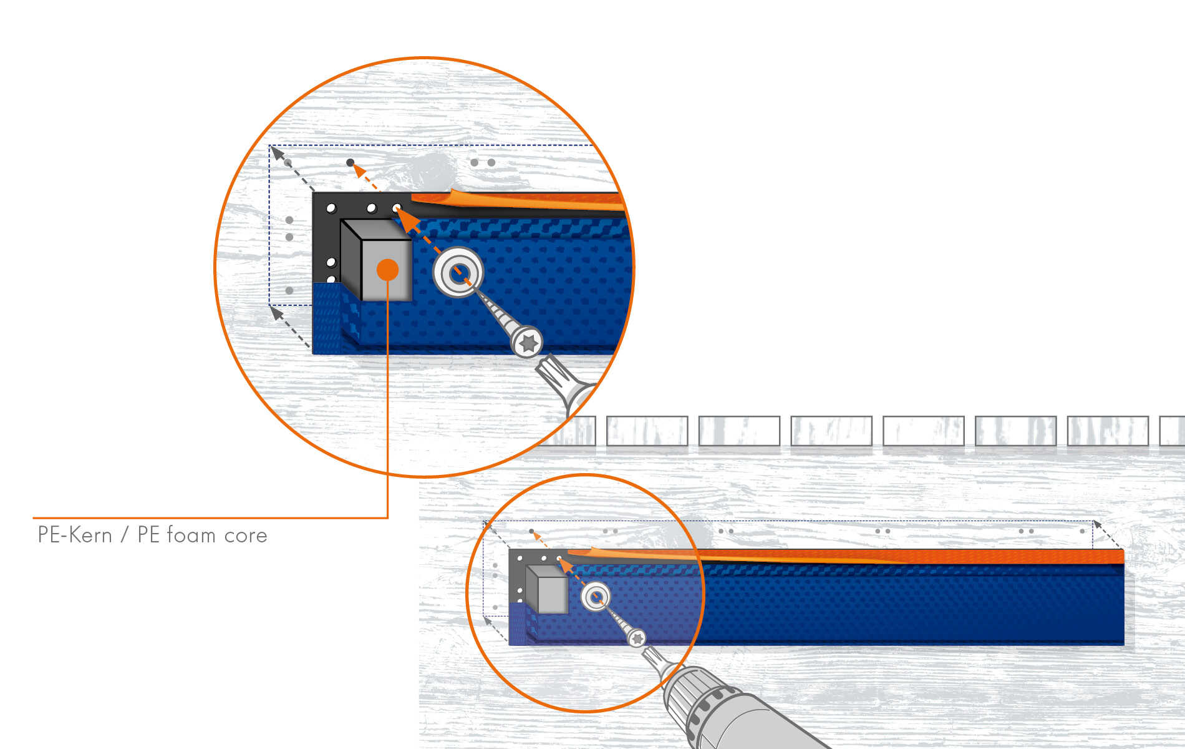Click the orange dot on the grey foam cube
tap(387, 270)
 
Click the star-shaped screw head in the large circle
tap(528, 342)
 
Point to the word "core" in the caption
tap(246, 536)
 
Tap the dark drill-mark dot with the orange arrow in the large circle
tap(351, 163)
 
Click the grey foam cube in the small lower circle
tap(547, 590)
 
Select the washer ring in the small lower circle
tap(596, 597)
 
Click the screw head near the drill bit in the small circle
tap(637, 639)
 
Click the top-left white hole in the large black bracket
tap(331, 208)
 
